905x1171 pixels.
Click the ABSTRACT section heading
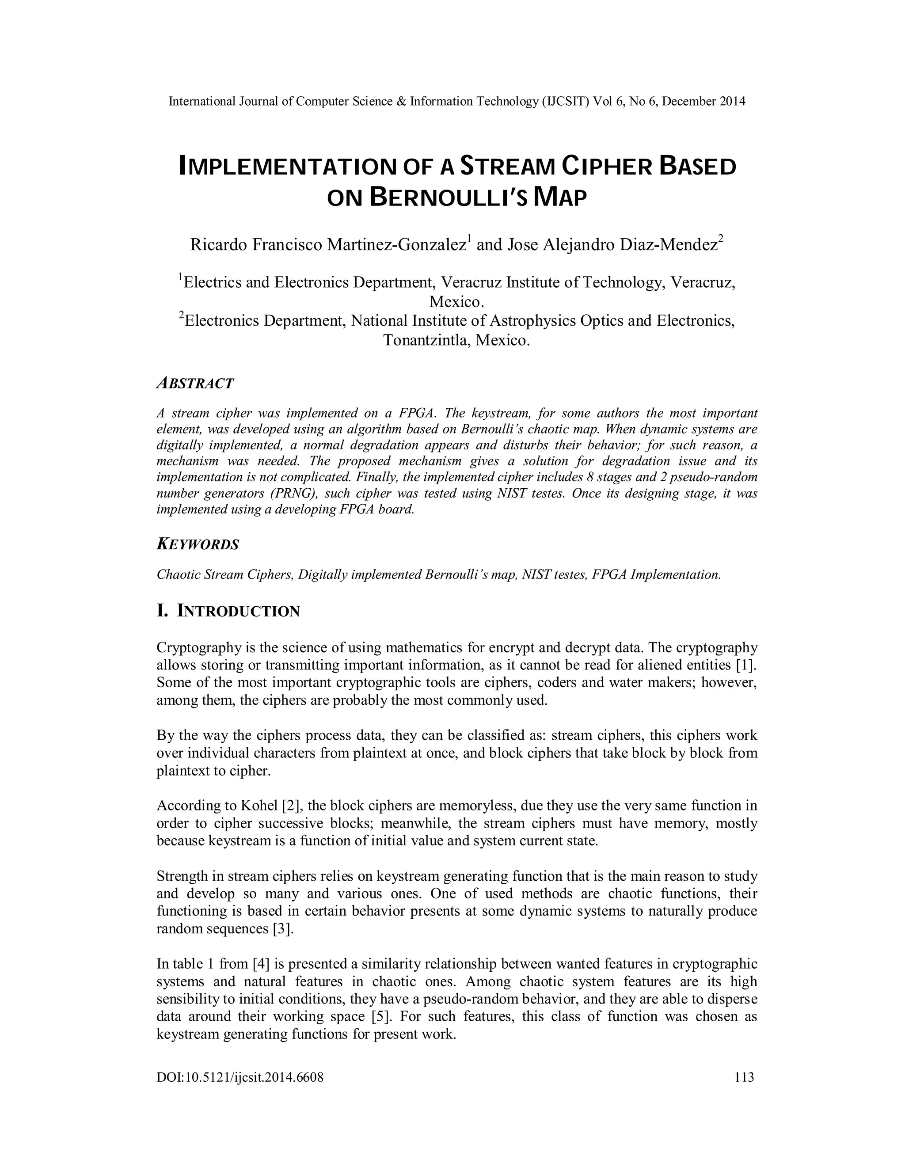pos(195,384)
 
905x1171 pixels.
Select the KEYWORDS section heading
pos(198,545)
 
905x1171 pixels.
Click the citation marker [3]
pos(283,929)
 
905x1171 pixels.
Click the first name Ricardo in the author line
pos(219,245)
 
